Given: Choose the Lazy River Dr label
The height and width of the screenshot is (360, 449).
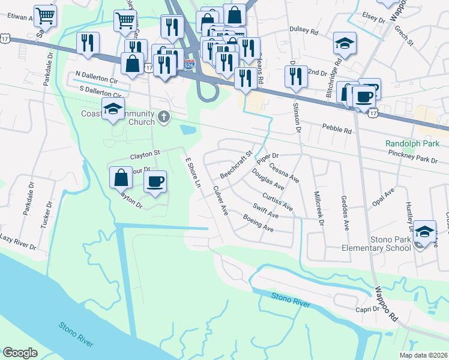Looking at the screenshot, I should click(x=18, y=242).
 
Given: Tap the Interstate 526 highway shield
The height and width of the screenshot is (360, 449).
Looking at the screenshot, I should click(x=188, y=62).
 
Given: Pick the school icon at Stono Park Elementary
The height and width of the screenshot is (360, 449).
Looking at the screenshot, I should click(x=424, y=230).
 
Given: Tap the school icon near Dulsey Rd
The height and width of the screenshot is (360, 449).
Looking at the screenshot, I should click(x=345, y=43).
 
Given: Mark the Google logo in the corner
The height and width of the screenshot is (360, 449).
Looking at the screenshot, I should click(x=20, y=353).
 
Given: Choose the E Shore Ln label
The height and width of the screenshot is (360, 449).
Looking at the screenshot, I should click(x=192, y=172).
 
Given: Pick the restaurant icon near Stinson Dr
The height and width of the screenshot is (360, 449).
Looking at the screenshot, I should click(x=295, y=76).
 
